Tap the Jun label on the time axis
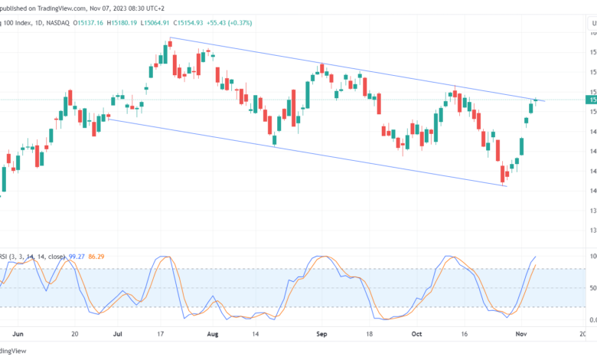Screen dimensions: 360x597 click(x=20, y=334)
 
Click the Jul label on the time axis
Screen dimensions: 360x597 click(x=119, y=334)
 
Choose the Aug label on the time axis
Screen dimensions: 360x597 click(x=213, y=334)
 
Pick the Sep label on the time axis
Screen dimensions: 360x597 click(x=322, y=334)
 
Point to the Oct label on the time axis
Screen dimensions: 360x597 click(x=416, y=334)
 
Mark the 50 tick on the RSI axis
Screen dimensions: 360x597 click(x=591, y=289)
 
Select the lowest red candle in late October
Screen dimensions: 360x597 click(x=503, y=174)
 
